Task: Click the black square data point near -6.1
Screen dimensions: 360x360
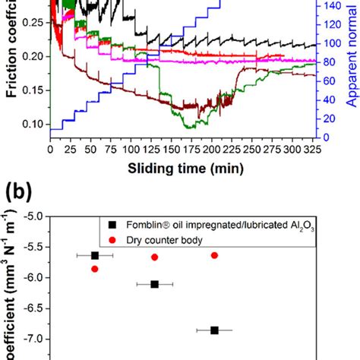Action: pos(155,284)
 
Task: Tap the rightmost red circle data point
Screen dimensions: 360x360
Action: pos(214,255)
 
